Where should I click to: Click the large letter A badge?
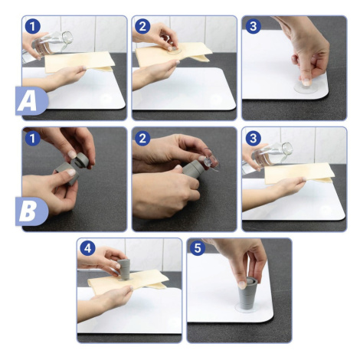[x=31, y=101]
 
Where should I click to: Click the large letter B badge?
[x=31, y=211]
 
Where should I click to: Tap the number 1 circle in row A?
[x=33, y=27]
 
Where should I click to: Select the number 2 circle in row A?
[x=142, y=27]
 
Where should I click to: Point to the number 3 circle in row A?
[x=253, y=27]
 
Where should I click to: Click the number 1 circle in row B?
[x=33, y=139]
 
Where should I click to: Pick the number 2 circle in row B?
[x=142, y=139]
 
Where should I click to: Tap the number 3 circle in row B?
[x=253, y=139]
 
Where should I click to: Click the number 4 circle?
[x=87, y=248]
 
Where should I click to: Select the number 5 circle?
[x=198, y=248]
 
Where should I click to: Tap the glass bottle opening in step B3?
[x=287, y=149]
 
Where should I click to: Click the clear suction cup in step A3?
[x=306, y=87]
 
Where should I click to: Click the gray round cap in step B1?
[x=80, y=160]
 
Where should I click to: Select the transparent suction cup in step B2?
[x=211, y=160]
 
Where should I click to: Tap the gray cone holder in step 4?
[x=125, y=269]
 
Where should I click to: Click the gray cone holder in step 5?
[x=247, y=293]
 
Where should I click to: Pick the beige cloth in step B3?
[x=299, y=173]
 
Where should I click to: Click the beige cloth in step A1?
[x=80, y=62]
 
